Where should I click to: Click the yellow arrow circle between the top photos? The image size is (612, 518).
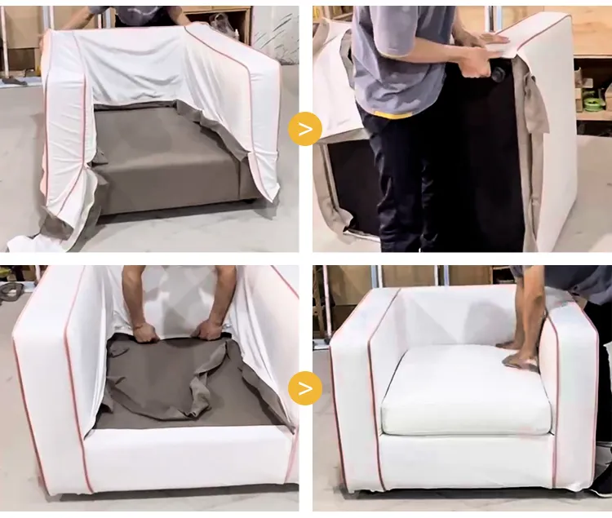pos(305,129)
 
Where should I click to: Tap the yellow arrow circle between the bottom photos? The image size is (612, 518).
pos(305,387)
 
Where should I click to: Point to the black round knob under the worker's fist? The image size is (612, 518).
pos(496,74)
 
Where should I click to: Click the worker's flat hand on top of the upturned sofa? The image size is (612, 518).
pos(490,38)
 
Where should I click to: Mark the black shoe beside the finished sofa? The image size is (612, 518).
pos(601,481)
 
